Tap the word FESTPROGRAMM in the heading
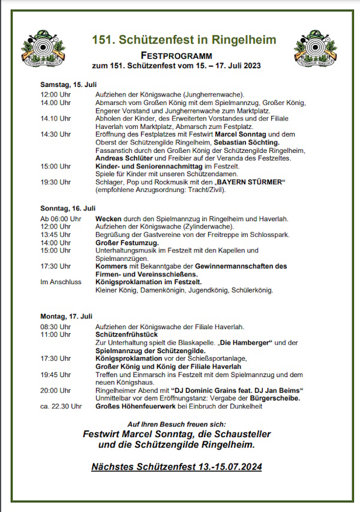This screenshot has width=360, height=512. click(184, 55)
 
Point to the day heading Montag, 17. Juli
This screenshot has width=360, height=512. click(66, 316)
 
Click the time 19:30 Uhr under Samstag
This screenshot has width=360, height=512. click(55, 182)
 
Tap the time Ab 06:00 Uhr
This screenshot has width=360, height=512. click(60, 219)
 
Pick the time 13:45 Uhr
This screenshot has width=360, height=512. click(55, 234)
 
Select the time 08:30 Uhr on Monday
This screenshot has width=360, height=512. click(55, 327)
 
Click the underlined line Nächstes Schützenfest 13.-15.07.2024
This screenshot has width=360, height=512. click(177, 466)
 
